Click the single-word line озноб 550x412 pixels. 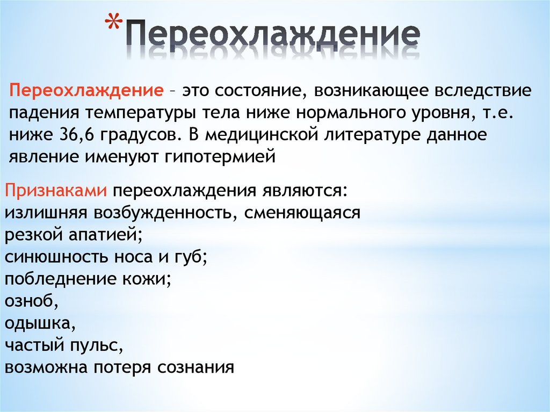[30, 301]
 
